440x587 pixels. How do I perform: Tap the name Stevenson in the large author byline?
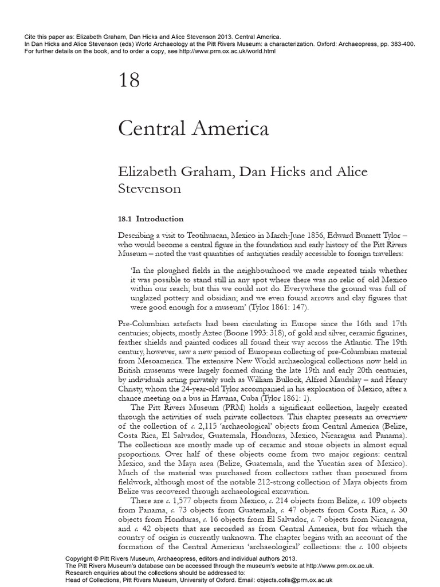click(x=149, y=189)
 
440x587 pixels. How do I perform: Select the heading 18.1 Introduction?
click(x=151, y=218)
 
